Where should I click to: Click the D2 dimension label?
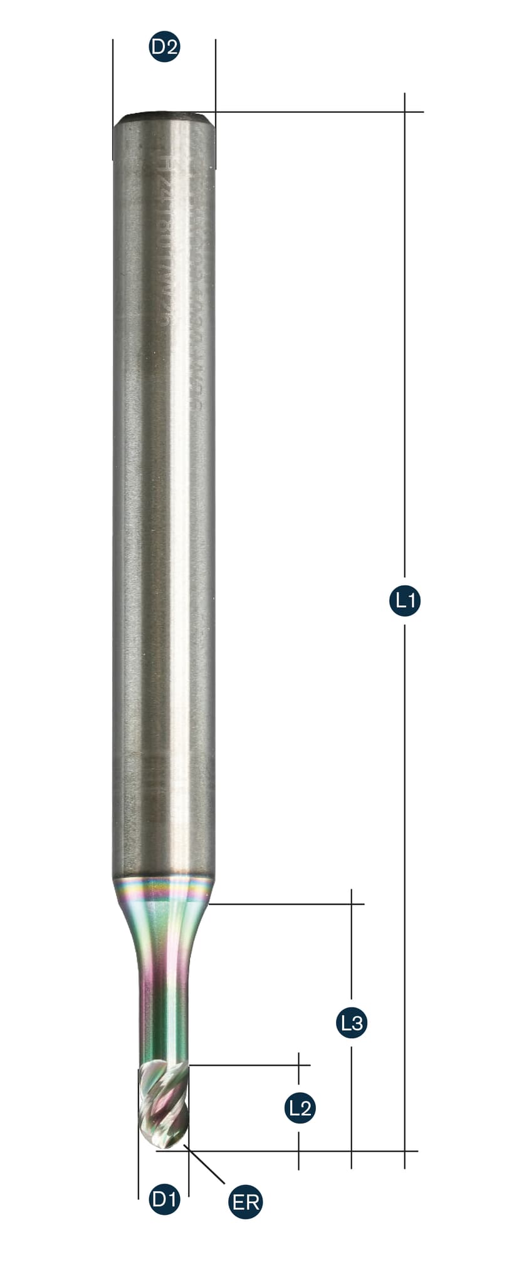(165, 46)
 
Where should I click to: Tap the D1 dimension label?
(165, 1200)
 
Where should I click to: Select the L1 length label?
(405, 601)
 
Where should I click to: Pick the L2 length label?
(300, 1108)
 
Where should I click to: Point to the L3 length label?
(351, 1023)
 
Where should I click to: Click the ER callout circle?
(246, 1202)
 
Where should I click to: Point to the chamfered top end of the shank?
(164, 117)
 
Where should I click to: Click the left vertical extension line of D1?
(138, 1172)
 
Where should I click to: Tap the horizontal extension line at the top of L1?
(313, 112)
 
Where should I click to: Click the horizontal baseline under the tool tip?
(282, 1151)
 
